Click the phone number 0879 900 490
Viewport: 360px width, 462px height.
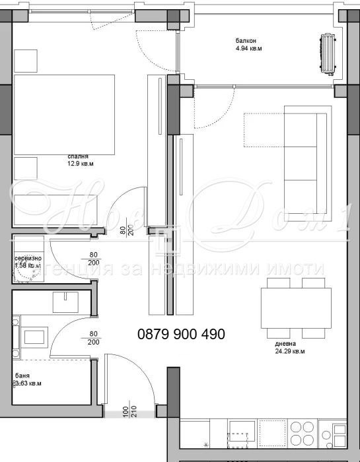point(181,335)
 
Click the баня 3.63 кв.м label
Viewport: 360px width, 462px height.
point(28,379)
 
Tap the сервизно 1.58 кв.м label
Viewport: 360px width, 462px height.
point(28,262)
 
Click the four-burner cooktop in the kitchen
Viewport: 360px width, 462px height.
point(305,436)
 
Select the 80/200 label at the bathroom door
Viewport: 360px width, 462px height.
point(92,337)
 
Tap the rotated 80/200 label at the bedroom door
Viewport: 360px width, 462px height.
point(126,229)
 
